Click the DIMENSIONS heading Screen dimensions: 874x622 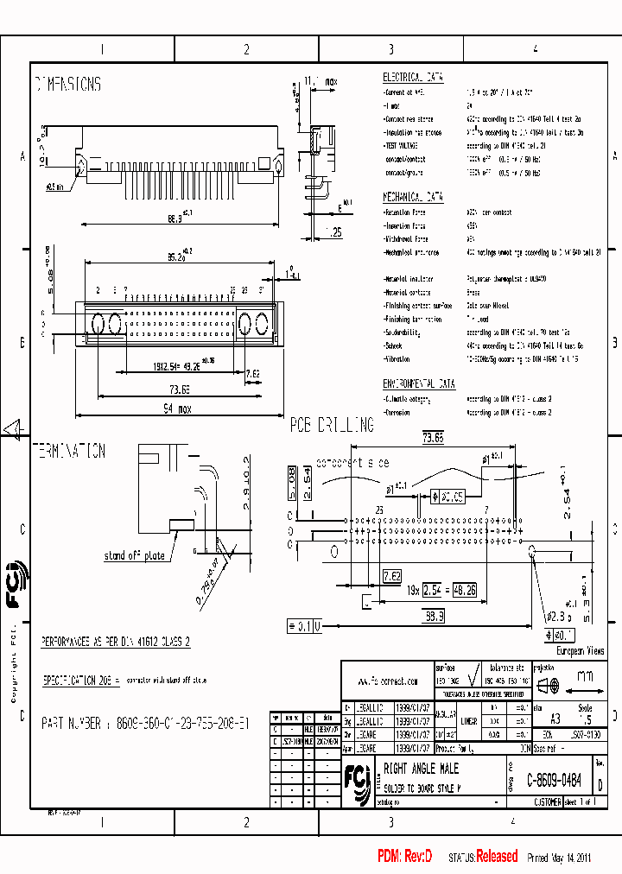point(67,85)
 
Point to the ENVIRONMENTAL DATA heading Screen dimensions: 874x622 point(419,383)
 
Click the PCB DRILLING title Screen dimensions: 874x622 point(332,425)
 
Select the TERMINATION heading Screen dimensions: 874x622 point(69,451)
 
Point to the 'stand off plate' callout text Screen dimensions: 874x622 point(134,555)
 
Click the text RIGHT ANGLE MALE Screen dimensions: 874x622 point(421,769)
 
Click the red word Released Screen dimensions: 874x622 point(497,857)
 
